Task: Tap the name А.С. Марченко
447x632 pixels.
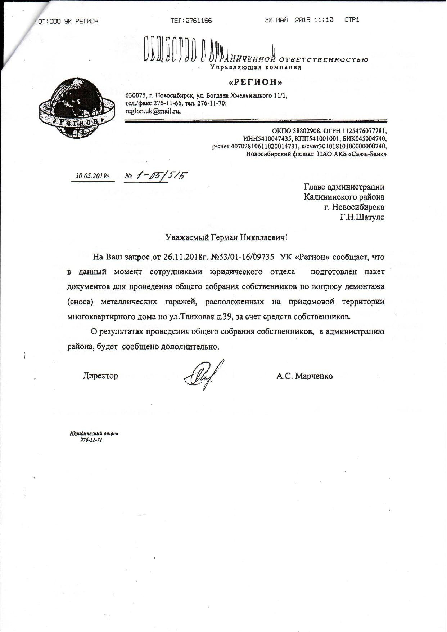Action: tap(304, 376)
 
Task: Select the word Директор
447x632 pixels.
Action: tap(100, 376)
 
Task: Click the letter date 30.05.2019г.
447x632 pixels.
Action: tap(92, 176)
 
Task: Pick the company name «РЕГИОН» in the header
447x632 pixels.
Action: tap(256, 82)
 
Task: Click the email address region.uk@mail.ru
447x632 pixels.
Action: tap(153, 111)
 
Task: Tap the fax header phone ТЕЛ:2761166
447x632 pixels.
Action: tap(191, 21)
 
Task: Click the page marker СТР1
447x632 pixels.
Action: tap(352, 20)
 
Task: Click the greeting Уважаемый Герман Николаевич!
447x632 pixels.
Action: tap(227, 237)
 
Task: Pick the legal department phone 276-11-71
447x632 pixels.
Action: tap(91, 440)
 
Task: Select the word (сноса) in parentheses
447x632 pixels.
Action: tap(80, 302)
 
